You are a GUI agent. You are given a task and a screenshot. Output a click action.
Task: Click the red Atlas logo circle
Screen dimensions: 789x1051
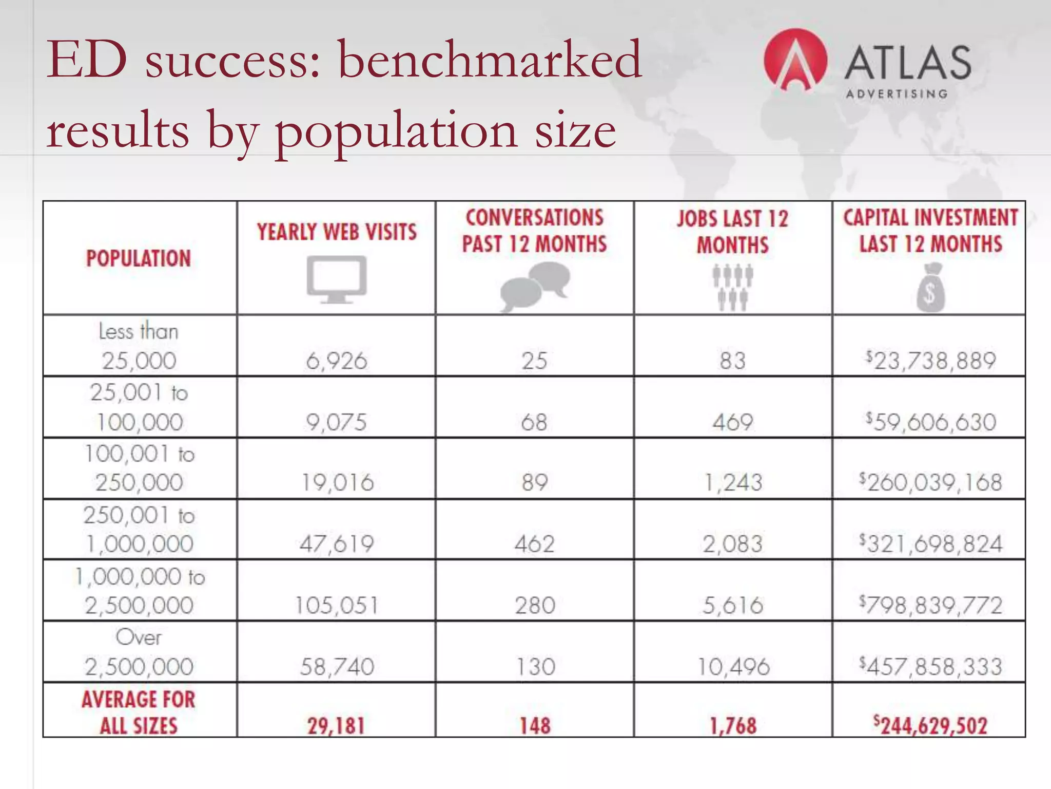pos(795,60)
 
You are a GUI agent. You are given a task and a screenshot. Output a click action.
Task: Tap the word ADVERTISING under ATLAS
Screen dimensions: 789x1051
pos(897,94)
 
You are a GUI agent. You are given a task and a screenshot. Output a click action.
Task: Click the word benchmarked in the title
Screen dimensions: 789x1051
pos(490,60)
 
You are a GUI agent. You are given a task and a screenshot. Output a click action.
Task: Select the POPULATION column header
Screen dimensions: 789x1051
pos(139,258)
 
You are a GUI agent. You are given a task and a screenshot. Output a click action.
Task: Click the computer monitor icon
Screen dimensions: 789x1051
pos(337,279)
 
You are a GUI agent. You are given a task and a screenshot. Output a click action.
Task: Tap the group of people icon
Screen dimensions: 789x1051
pos(733,287)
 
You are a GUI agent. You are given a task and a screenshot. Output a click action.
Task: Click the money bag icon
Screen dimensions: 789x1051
pos(930,288)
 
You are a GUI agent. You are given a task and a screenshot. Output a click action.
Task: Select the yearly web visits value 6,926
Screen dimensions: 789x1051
pos(337,361)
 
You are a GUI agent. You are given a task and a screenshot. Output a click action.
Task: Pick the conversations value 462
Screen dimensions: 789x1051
pos(535,544)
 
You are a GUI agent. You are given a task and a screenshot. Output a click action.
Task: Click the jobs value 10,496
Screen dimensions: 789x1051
pos(733,667)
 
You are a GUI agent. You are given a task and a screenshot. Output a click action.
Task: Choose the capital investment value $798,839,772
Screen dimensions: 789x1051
pos(930,605)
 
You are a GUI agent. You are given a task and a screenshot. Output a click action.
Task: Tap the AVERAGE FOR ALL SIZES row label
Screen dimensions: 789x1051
pos(139,712)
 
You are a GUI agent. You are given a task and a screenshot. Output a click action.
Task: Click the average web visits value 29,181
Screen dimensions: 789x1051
pos(336,726)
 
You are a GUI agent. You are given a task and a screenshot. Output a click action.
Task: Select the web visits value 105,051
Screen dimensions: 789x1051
pos(337,605)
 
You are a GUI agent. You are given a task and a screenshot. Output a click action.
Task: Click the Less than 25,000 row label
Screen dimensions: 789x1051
pos(139,346)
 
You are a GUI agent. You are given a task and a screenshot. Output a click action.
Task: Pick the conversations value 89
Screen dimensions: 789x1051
pos(535,482)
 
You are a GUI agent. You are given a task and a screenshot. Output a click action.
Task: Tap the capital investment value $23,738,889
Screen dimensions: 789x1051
pos(930,361)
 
